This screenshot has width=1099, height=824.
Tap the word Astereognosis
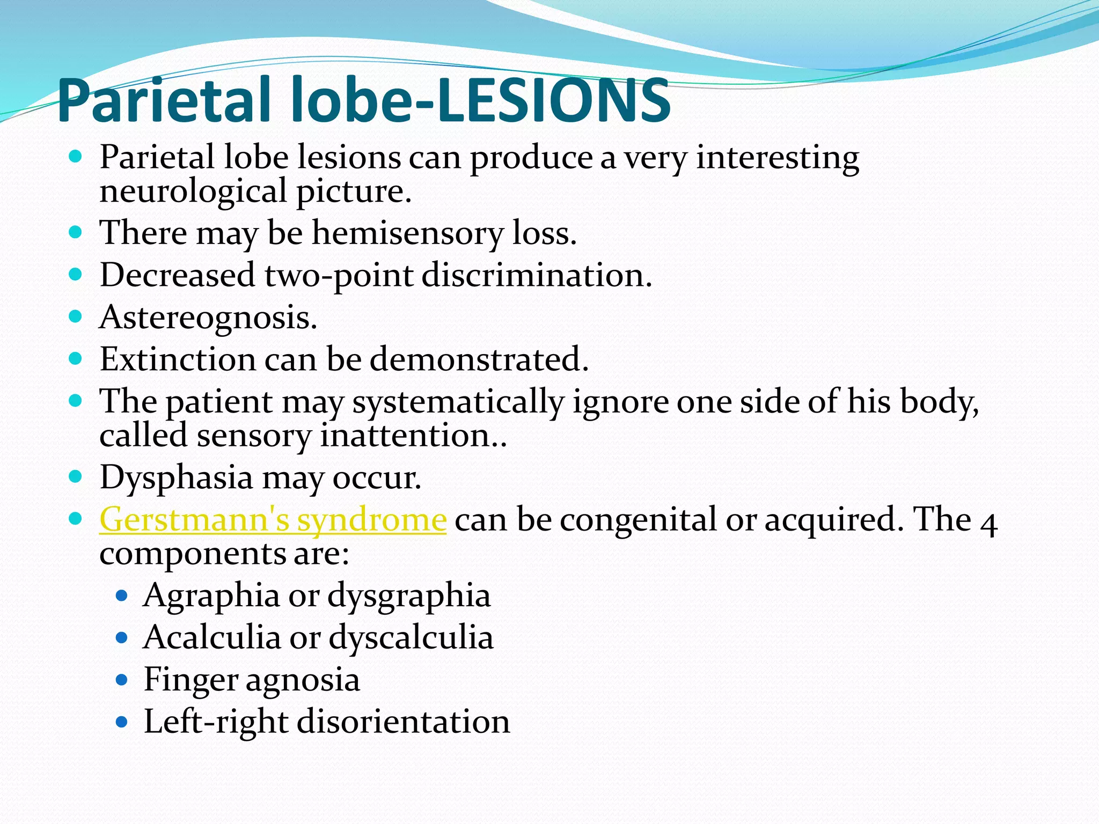coord(208,317)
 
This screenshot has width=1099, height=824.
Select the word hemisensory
coord(407,234)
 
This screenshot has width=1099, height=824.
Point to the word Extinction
coord(178,359)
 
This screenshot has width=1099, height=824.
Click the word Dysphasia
coord(176,477)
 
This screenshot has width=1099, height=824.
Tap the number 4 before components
coord(988,523)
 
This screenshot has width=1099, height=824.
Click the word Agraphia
coord(211,595)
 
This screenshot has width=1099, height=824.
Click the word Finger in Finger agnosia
coord(190,680)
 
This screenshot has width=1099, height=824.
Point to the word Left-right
coord(216,722)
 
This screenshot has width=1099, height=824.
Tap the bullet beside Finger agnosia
coord(122,680)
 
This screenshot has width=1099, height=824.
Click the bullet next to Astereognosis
coord(76,317)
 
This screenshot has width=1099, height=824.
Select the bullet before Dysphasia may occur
coord(76,476)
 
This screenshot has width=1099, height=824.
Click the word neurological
coord(194,192)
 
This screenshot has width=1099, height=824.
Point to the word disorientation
coord(403,722)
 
